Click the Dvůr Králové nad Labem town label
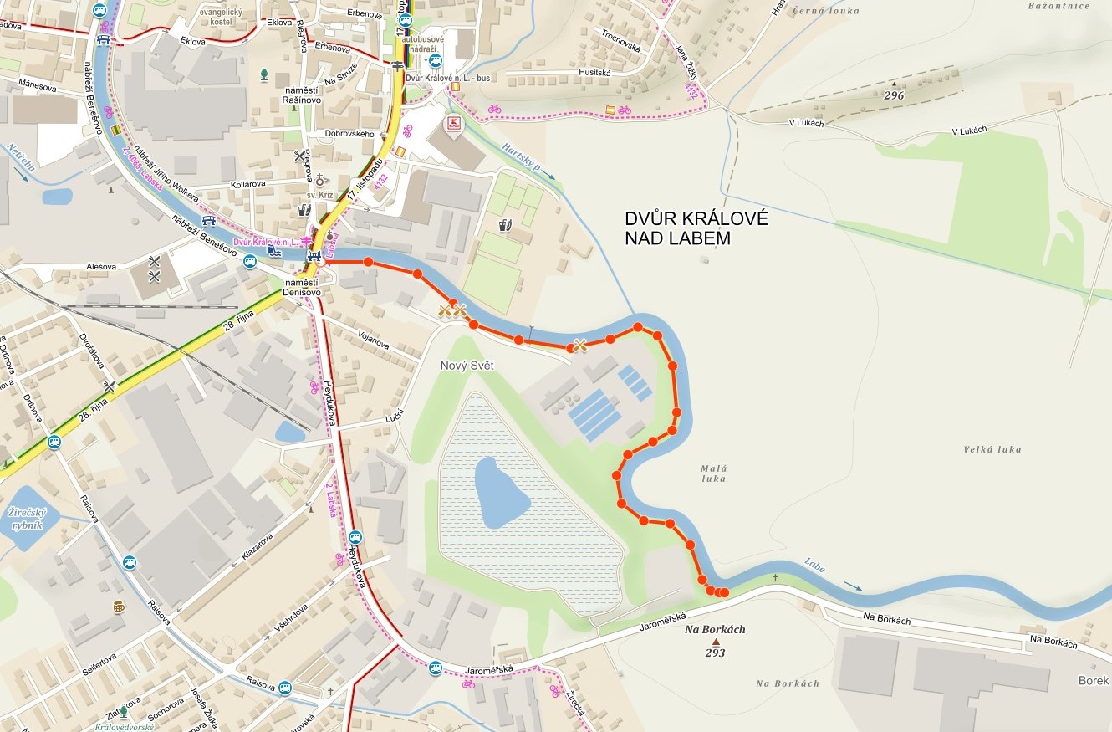696,228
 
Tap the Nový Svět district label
467,366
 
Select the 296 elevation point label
894,95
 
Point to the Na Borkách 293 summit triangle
715,642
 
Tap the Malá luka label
713,473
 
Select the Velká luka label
992,449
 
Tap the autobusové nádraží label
422,44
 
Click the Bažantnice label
1058,6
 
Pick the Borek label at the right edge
1093,680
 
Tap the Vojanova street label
373,342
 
